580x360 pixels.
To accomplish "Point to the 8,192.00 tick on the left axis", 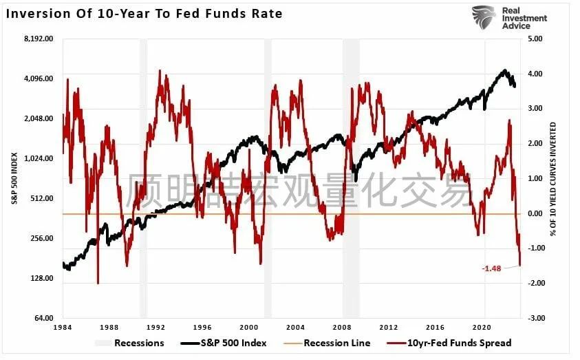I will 38,39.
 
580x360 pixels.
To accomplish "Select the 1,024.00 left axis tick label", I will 38,158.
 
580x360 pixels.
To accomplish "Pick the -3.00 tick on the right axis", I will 534,318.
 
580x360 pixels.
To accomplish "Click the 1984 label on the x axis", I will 63,327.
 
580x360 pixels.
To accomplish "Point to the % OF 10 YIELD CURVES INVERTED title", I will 553,178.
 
